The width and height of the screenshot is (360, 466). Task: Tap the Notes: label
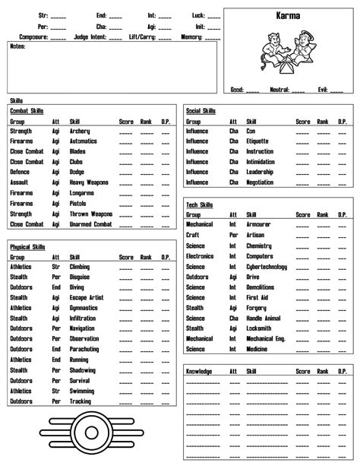(18, 47)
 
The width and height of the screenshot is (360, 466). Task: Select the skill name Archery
(80, 131)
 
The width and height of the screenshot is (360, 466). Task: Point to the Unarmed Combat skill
(90, 224)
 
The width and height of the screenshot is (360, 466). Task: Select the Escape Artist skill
(86, 298)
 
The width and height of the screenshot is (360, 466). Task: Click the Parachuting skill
(85, 350)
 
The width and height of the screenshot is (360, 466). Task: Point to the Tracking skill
(81, 401)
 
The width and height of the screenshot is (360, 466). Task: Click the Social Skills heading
(201, 111)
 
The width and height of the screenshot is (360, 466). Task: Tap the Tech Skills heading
(200, 205)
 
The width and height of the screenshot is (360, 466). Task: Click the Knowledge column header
(199, 372)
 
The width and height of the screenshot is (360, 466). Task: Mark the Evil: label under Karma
(323, 90)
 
